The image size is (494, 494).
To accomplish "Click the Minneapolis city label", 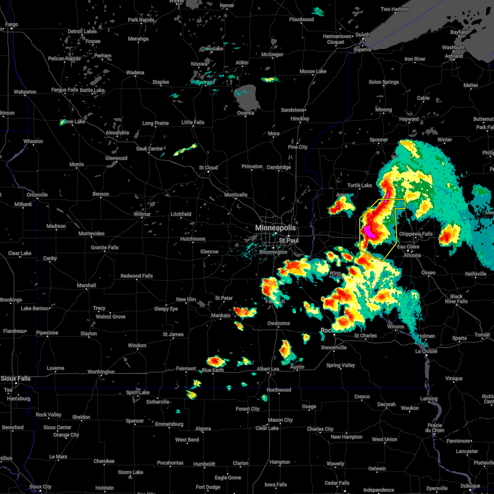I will click(x=275, y=228).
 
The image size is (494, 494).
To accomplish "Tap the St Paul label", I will click(x=289, y=240).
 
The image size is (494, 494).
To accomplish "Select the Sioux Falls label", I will click(x=15, y=378).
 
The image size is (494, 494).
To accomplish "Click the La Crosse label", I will click(x=426, y=351).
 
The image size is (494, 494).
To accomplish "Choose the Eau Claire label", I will click(x=408, y=247).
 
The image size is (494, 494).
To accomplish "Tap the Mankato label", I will click(x=221, y=315).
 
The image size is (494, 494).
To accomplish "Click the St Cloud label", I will click(x=208, y=168).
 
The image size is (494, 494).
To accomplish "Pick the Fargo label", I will click(x=12, y=24).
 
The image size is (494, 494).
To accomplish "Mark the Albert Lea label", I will click(x=268, y=369).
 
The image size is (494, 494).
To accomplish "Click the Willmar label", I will click(x=142, y=214).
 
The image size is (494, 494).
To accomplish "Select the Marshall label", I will click(x=86, y=285).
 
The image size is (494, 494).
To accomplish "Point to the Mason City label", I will click(x=280, y=420).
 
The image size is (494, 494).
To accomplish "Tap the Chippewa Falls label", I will click(x=416, y=234).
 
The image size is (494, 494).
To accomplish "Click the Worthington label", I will click(x=101, y=372).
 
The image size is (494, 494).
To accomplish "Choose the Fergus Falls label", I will click(x=65, y=90).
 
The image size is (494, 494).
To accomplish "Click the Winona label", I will click(x=396, y=326).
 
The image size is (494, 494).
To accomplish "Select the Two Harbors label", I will click(x=395, y=9).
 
